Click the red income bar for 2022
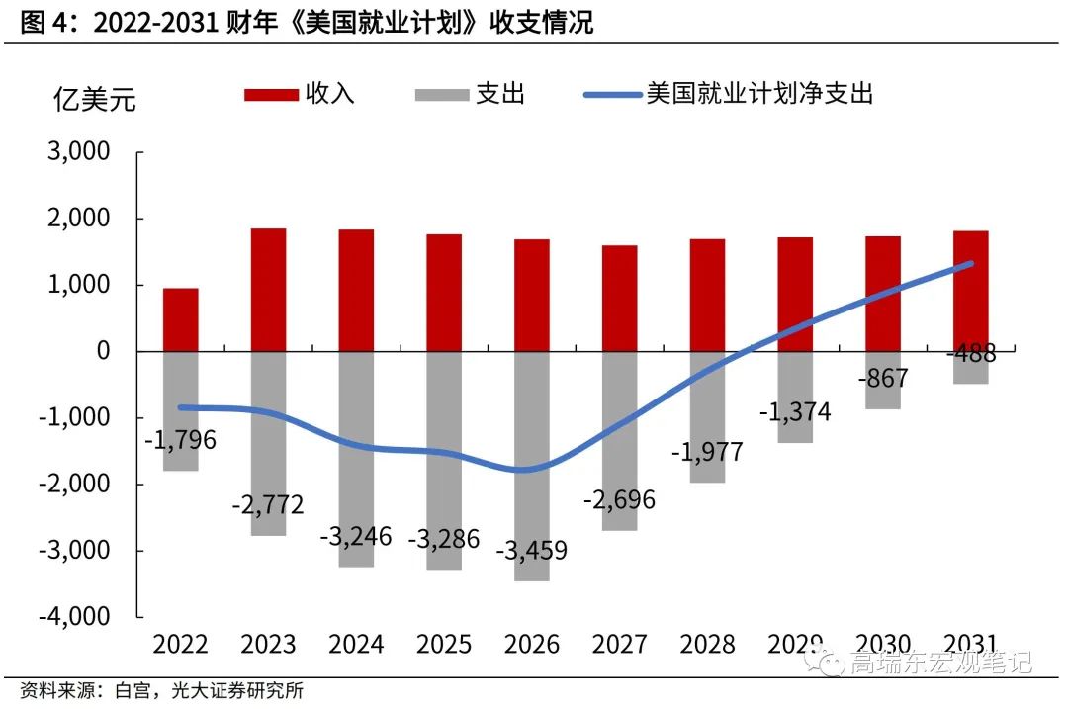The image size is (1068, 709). pos(181,319)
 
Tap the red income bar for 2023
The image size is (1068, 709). pos(268,290)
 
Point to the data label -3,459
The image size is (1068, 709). pos(531,549)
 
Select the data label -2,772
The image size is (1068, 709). pos(268,505)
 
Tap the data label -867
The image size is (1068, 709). pos(882,378)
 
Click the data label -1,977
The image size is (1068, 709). pos(706,453)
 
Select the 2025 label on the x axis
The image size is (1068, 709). pos(443,645)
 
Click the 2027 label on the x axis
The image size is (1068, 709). pos(619,645)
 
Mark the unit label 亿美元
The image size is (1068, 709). pos(94,100)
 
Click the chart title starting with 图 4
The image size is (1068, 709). pos(307,23)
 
